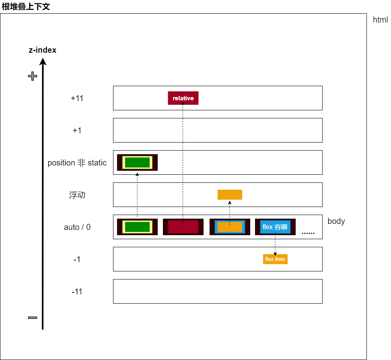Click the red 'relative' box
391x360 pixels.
pyautogui.click(x=183, y=98)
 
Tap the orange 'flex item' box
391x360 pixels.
pyautogui.click(x=275, y=259)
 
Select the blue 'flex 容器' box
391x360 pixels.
pyautogui.click(x=275, y=227)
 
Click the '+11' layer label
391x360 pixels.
pyautogui.click(x=77, y=98)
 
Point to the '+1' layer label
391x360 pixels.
pyautogui.click(x=77, y=130)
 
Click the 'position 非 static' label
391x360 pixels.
pyautogui.click(x=77, y=163)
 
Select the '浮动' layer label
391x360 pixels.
pyautogui.click(x=77, y=195)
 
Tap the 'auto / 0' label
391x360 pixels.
pyautogui.click(x=77, y=227)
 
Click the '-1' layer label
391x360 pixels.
pyautogui.click(x=77, y=259)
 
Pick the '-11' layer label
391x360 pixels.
pyautogui.click(x=77, y=292)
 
